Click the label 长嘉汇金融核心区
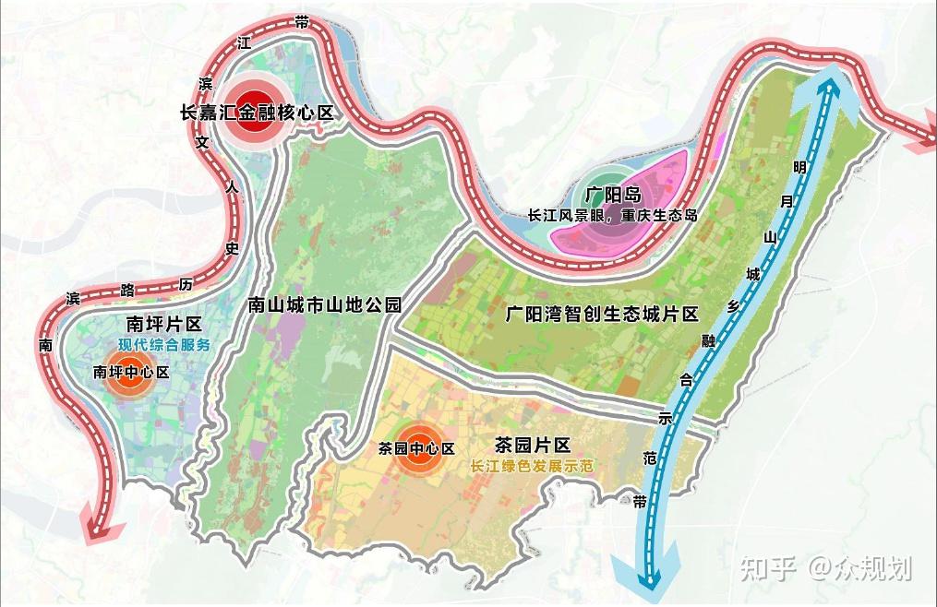coord(256,113)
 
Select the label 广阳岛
coord(612,195)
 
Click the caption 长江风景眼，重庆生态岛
coord(612,214)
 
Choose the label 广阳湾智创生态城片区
coord(602,314)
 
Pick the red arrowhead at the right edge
coord(918,135)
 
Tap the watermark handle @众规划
coord(860,569)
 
